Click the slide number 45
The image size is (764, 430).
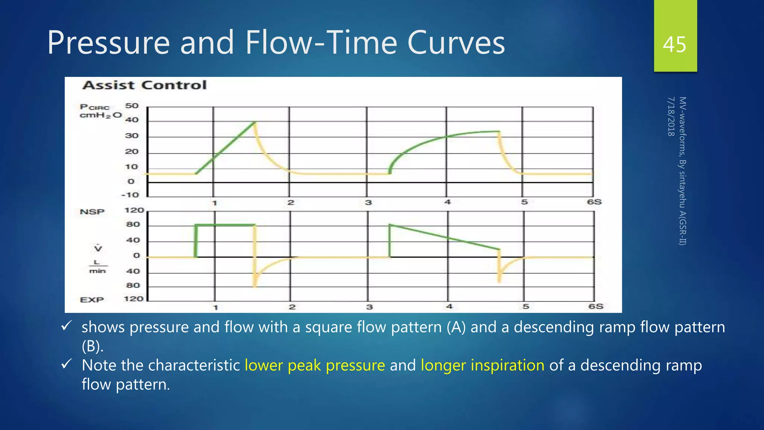[674, 45]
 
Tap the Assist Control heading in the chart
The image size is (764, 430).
[144, 85]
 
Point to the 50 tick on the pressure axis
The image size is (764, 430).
[132, 106]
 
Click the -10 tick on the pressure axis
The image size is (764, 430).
[130, 195]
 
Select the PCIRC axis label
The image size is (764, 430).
[95, 107]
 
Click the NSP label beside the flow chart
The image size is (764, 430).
[92, 212]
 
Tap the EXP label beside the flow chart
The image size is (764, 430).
[92, 300]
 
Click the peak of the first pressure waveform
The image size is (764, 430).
[254, 122]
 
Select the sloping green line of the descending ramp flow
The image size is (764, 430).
[444, 237]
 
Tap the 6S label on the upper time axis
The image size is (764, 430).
[594, 202]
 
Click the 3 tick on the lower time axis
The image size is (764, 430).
[369, 307]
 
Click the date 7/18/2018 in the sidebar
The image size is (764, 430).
[671, 116]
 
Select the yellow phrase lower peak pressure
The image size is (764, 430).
[314, 365]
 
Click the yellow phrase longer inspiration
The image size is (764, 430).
[482, 365]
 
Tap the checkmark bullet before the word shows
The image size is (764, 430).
[66, 326]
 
